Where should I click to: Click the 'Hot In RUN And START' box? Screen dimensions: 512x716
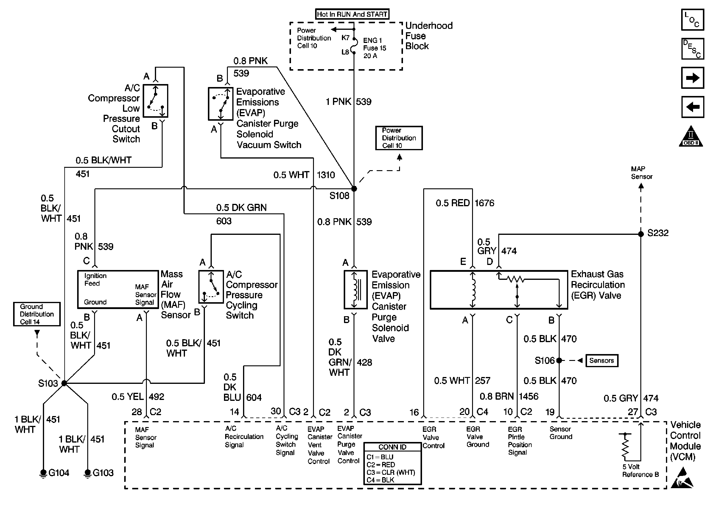pyautogui.click(x=352, y=14)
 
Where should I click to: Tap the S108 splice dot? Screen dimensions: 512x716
pyautogui.click(x=354, y=189)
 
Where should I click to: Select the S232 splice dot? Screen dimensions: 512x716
pyautogui.click(x=641, y=234)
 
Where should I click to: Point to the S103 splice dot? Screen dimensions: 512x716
pyautogui.click(x=64, y=383)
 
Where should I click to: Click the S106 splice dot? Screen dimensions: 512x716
pyautogui.click(x=559, y=360)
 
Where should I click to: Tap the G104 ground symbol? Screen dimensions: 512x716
pyautogui.click(x=43, y=473)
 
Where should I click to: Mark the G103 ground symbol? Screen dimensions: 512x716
pyautogui.click(x=88, y=473)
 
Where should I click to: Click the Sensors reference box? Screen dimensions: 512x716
pyautogui.click(x=602, y=360)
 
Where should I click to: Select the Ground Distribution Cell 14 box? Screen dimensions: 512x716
pyautogui.click(x=37, y=314)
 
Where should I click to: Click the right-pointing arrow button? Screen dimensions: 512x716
pyautogui.click(x=692, y=78)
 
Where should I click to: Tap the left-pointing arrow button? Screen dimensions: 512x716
pyautogui.click(x=692, y=107)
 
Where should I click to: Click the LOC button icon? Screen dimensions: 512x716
pyautogui.click(x=692, y=20)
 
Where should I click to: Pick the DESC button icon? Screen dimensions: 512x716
pyautogui.click(x=692, y=49)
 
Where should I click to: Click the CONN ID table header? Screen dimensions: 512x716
pyautogui.click(x=393, y=447)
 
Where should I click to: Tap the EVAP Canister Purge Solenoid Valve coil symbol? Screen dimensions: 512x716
pyautogui.click(x=355, y=289)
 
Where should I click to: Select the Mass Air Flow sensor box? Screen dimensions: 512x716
pyautogui.click(x=118, y=289)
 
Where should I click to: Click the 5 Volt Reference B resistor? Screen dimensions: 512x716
pyautogui.click(x=625, y=447)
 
